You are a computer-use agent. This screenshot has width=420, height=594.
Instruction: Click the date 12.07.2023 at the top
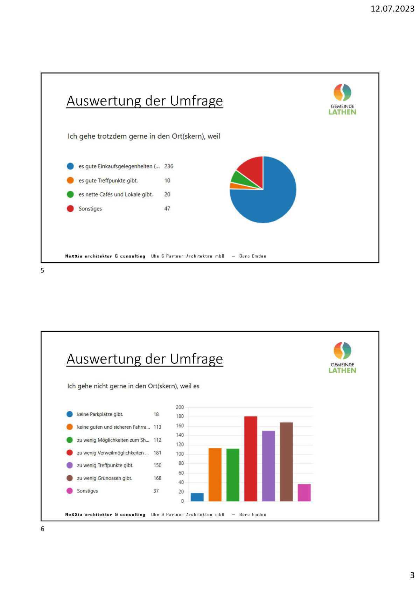point(392,9)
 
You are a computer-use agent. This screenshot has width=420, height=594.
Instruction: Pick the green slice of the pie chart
point(239,178)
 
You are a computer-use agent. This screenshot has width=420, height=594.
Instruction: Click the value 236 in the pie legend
point(169,166)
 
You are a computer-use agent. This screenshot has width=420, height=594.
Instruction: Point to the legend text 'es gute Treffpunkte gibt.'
point(108,181)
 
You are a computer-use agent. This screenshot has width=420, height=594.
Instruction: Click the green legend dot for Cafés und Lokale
point(70,194)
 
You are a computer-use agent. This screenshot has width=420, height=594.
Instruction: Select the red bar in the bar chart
point(251,458)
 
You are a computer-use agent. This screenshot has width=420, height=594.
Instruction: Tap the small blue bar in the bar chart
point(197,497)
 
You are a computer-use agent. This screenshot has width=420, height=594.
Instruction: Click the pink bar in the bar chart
point(304,492)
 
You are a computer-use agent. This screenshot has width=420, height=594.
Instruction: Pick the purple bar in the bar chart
point(268,466)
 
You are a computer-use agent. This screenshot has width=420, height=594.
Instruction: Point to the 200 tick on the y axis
point(180,407)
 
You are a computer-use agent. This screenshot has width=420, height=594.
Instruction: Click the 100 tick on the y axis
point(180,454)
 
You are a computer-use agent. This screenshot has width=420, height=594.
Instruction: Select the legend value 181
point(157,453)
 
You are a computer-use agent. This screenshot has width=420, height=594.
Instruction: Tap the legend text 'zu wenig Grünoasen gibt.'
point(104,478)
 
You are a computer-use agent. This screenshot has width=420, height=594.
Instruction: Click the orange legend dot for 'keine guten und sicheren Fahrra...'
point(70,427)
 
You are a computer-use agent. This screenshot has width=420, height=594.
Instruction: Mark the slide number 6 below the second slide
point(43,529)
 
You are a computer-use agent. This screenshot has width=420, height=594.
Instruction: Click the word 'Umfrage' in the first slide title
point(196,101)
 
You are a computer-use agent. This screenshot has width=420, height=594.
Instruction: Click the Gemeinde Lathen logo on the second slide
point(342,358)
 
